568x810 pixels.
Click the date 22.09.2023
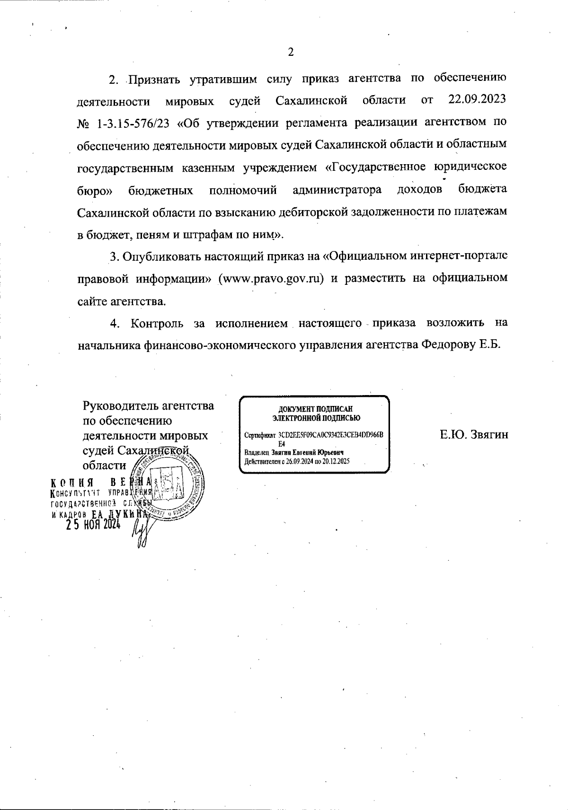477,100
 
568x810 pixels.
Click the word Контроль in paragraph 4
157,323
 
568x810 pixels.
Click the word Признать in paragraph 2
155,79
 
